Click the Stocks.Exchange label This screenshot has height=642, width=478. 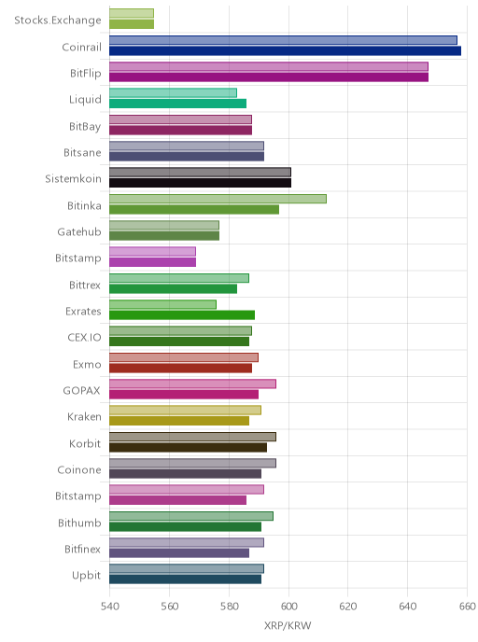click(57, 21)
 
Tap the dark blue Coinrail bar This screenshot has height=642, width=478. click(285, 50)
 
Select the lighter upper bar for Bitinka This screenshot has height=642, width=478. click(218, 199)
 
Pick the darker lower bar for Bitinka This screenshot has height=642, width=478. click(194, 210)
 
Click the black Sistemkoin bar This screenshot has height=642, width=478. click(201, 183)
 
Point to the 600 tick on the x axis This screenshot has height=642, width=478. click(288, 606)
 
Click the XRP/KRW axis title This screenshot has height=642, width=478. click(288, 625)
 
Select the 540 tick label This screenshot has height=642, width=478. click(110, 606)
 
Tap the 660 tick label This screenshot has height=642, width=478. click(468, 606)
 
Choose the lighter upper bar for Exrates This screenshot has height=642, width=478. click(162, 304)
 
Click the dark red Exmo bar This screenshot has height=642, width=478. click(180, 368)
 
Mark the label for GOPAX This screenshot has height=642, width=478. click(81, 391)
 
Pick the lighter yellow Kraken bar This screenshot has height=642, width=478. click(185, 411)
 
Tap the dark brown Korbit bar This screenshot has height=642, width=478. click(188, 448)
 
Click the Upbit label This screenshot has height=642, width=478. click(86, 576)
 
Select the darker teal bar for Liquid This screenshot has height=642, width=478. click(177, 104)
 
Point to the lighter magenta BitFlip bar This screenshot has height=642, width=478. click(269, 67)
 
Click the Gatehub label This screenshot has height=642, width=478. click(79, 231)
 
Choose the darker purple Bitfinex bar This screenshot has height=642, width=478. click(179, 553)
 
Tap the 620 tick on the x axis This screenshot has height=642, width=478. click(348, 606)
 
